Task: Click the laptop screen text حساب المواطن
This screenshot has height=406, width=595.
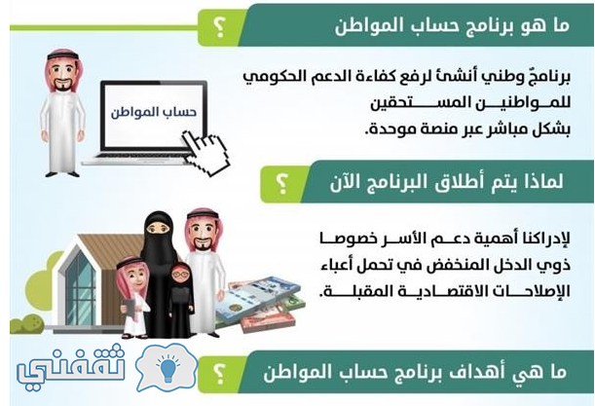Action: coord(154,112)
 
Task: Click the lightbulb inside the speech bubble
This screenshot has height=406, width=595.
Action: coord(167,367)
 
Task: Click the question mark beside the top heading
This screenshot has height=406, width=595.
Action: coord(219,27)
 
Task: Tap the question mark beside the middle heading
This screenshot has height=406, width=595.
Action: coord(282,183)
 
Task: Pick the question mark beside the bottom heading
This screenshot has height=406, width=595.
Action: coord(219,373)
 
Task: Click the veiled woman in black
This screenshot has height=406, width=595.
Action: coord(159,266)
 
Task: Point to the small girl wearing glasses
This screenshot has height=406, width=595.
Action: coord(180,300)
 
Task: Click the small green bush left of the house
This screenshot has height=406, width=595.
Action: coord(27,325)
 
